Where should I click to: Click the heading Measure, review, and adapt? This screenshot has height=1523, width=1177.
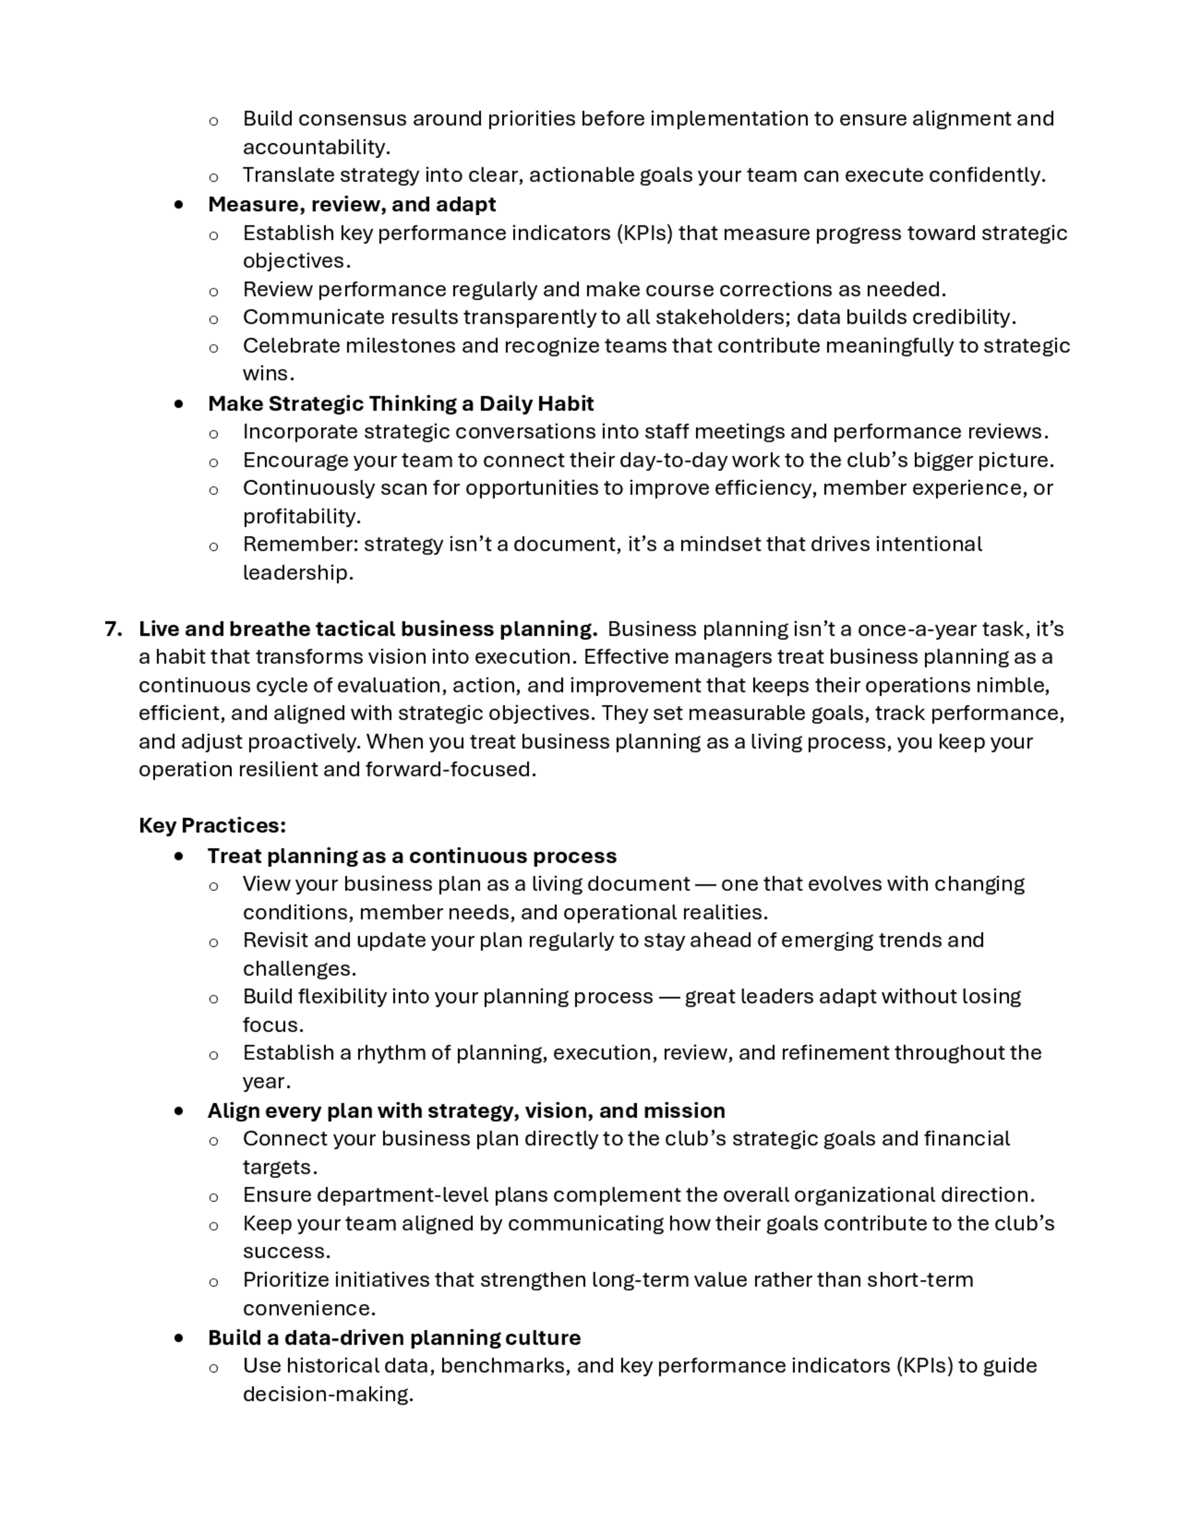[351, 204]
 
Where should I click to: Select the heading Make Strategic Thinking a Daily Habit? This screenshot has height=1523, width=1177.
[400, 404]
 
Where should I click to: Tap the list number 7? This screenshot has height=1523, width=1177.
[113, 629]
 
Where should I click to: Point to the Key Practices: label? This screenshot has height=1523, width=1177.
[212, 826]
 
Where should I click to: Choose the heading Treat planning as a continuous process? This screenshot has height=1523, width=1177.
[411, 856]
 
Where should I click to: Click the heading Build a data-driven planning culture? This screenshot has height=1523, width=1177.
[394, 1338]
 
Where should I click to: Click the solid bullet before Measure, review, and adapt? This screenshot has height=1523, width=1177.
[180, 205]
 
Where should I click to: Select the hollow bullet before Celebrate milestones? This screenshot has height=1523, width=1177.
[214, 348]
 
